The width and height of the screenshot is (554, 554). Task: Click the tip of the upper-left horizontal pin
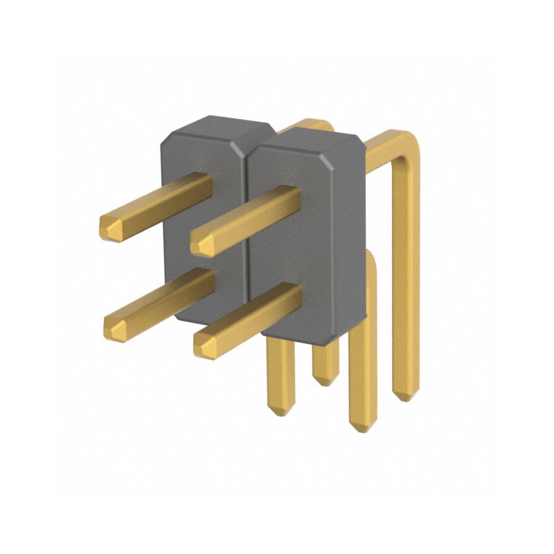pos(109,228)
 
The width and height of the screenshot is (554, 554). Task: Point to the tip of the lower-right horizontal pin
pos(204,344)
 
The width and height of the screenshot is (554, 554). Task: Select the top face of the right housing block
pos(308,142)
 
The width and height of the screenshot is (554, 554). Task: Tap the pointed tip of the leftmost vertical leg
pos(278,411)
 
